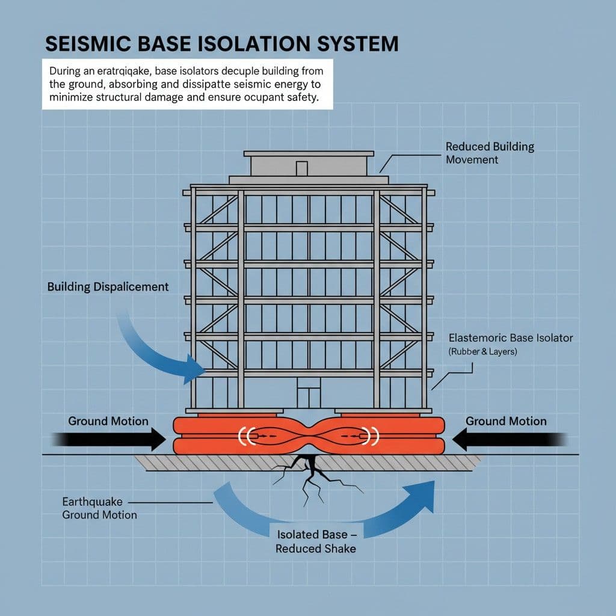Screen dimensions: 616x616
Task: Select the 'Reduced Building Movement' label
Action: pyautogui.click(x=489, y=153)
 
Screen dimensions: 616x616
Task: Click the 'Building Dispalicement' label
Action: pyautogui.click(x=108, y=287)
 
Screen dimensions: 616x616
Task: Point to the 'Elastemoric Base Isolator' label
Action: pyautogui.click(x=511, y=338)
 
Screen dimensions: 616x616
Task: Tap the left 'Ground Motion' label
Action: pyautogui.click(x=108, y=421)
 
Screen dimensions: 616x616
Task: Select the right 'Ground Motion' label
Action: pyautogui.click(x=506, y=421)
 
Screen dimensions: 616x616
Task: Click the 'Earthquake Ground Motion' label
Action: pyautogui.click(x=99, y=508)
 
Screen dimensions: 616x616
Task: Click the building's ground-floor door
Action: pyautogui.click(x=308, y=397)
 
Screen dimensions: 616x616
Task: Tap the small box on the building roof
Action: pyautogui.click(x=302, y=168)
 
